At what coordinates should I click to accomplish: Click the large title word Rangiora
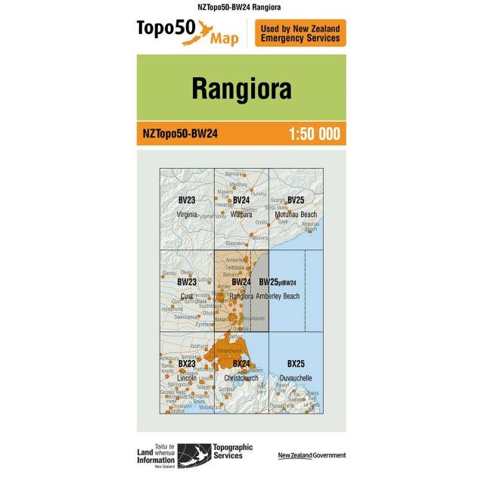(x=240, y=88)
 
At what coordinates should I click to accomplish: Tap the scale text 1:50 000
(x=314, y=134)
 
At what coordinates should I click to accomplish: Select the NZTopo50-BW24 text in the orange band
(x=180, y=134)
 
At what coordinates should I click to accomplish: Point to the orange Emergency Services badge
(x=300, y=33)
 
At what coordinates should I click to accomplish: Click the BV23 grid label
(x=186, y=200)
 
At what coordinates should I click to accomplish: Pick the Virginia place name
(x=186, y=215)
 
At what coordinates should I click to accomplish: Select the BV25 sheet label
(x=295, y=200)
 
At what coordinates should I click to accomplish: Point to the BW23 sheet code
(x=187, y=282)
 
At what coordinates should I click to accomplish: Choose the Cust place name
(x=186, y=296)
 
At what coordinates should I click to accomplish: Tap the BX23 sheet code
(x=187, y=364)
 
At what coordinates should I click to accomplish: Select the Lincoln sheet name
(x=186, y=378)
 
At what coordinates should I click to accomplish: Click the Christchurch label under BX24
(x=242, y=378)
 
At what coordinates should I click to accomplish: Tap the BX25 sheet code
(x=296, y=364)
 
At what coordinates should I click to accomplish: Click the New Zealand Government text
(x=312, y=455)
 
